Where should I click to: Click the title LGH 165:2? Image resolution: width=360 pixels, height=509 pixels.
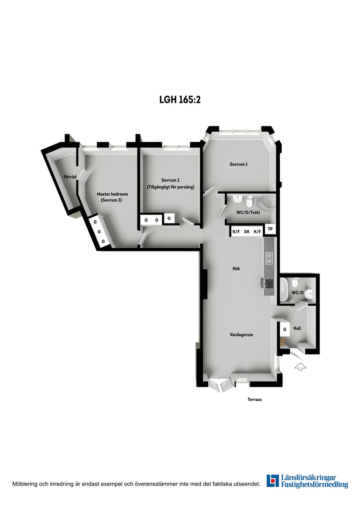tap(180, 99)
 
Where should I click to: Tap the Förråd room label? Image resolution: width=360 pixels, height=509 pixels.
tap(70, 177)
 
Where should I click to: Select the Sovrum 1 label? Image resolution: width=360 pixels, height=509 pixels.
tap(239, 164)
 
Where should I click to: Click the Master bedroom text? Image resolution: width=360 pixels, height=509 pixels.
tap(113, 194)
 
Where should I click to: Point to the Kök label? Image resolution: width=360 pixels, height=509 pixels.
tap(236, 269)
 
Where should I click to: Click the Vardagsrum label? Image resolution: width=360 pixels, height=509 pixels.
tap(241, 335)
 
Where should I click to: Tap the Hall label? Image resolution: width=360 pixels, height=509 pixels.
tap(297, 328)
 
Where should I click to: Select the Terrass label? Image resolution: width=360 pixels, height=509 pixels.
tap(254, 400)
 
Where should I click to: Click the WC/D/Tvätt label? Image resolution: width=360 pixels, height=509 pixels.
tap(248, 212)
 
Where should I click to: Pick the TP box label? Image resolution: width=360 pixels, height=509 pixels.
tap(270, 229)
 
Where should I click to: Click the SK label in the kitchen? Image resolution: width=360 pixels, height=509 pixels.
tap(247, 232)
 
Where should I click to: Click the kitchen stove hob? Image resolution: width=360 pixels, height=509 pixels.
tap(269, 284)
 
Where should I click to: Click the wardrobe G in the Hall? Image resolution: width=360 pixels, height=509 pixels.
tap(285, 329)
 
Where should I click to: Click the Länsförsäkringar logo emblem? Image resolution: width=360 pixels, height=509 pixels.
tap(273, 481)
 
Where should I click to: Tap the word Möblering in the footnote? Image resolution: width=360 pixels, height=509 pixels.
tap(24, 484)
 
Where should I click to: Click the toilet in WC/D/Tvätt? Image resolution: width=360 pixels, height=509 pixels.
tap(250, 201)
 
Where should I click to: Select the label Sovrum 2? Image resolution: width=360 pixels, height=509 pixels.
tap(170, 180)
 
